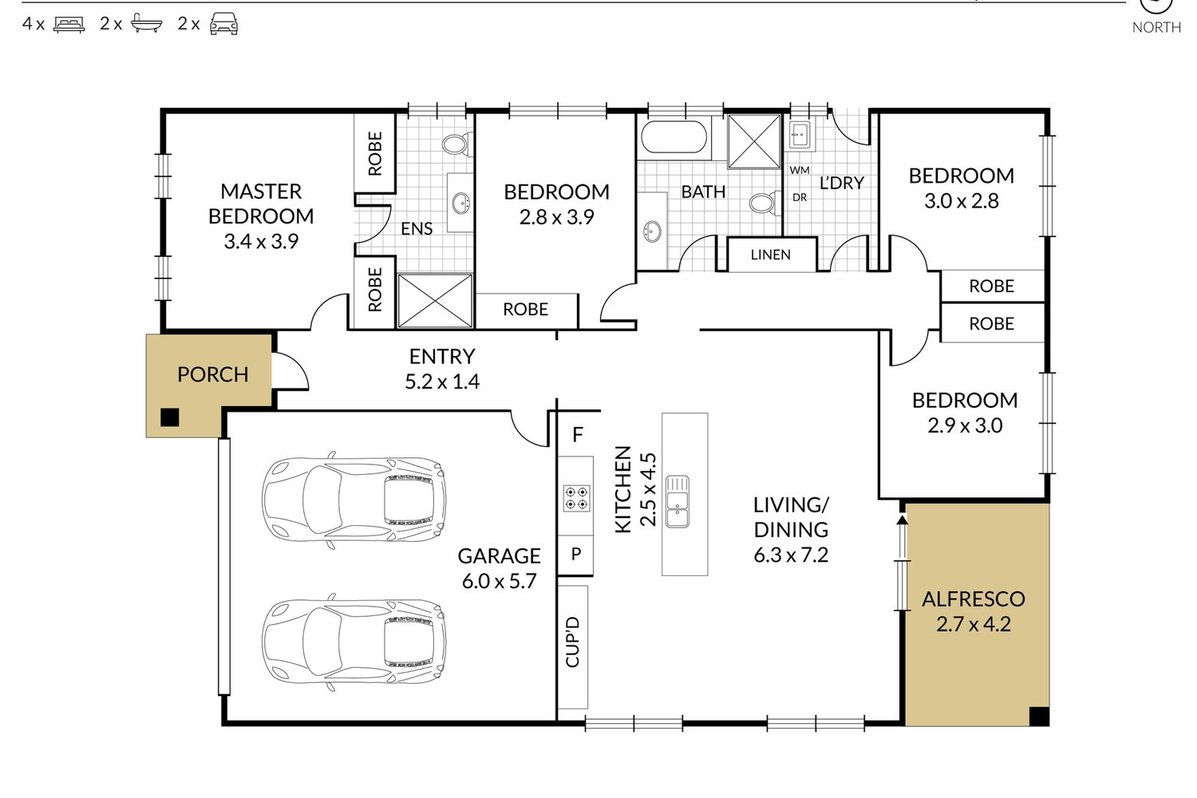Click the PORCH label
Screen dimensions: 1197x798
click(x=213, y=375)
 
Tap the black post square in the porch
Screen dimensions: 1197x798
click(x=170, y=417)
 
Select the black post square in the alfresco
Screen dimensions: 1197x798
click(x=1039, y=717)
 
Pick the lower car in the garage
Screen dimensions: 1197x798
click(x=354, y=642)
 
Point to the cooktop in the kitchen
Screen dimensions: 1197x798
click(x=577, y=498)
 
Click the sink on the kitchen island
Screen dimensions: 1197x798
click(x=678, y=501)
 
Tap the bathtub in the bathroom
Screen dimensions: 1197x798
click(x=674, y=136)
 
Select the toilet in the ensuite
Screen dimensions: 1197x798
click(x=457, y=144)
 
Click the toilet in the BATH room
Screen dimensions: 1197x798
click(x=764, y=203)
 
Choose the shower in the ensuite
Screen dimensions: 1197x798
click(x=436, y=300)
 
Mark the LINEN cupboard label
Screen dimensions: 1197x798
click(x=771, y=255)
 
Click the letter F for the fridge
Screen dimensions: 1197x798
click(x=577, y=435)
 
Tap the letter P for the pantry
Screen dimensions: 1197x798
click(x=576, y=554)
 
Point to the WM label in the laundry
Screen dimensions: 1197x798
click(x=800, y=170)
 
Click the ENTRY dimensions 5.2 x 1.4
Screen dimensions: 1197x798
click(x=442, y=381)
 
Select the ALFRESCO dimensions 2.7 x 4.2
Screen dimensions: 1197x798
click(x=974, y=624)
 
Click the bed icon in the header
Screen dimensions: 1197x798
click(x=69, y=25)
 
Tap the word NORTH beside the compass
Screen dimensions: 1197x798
click(x=1156, y=27)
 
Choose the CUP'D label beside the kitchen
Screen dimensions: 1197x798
click(x=572, y=642)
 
